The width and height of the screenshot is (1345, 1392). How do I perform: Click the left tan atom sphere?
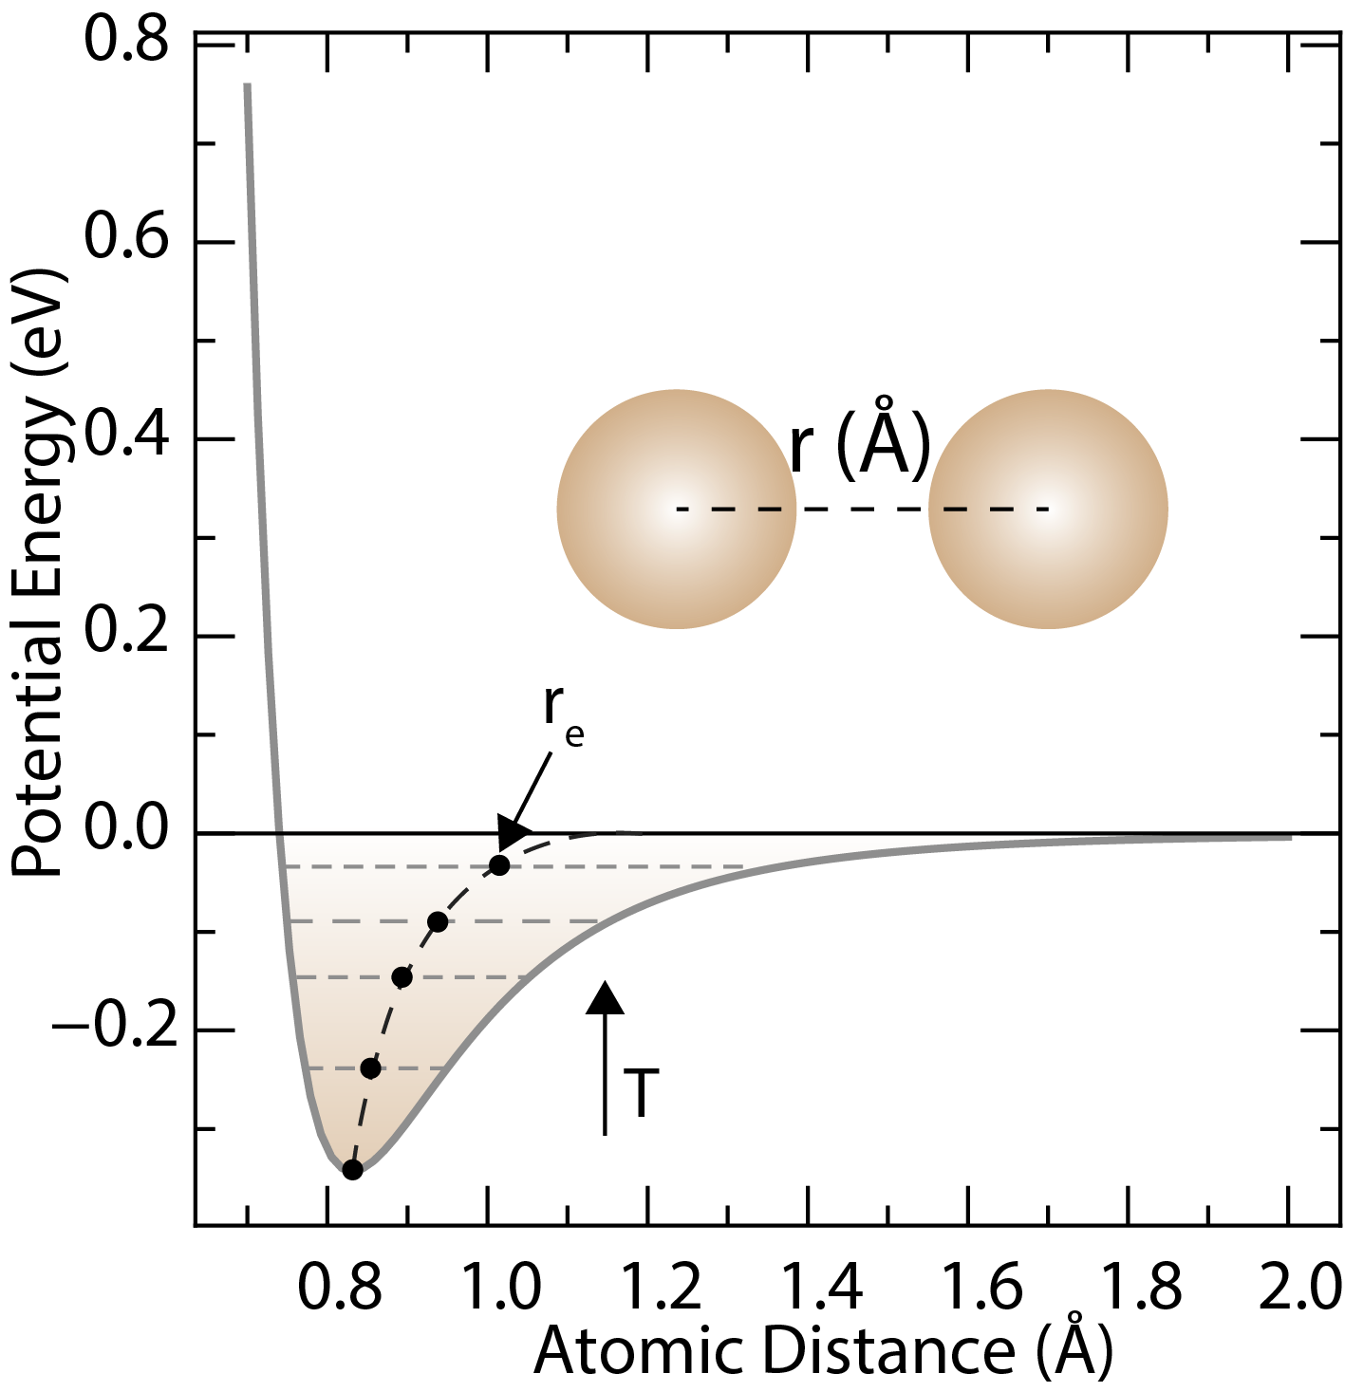coord(676,510)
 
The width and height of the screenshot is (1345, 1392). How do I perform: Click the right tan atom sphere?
coord(1048,510)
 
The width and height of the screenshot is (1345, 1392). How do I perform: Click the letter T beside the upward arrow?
coord(642,1093)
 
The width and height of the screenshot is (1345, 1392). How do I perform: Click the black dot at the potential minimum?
coord(352,1169)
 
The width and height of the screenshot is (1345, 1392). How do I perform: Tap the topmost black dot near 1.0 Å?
coord(499,865)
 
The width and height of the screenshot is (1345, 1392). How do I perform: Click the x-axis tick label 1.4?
coord(822,1289)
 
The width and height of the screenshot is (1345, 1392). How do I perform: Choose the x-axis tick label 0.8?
coord(340,1289)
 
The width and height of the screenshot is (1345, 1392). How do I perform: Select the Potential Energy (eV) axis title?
coord(38,574)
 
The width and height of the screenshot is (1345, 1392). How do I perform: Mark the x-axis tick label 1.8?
coord(1142,1289)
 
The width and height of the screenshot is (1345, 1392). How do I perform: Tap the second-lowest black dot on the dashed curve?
coord(371,1068)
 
